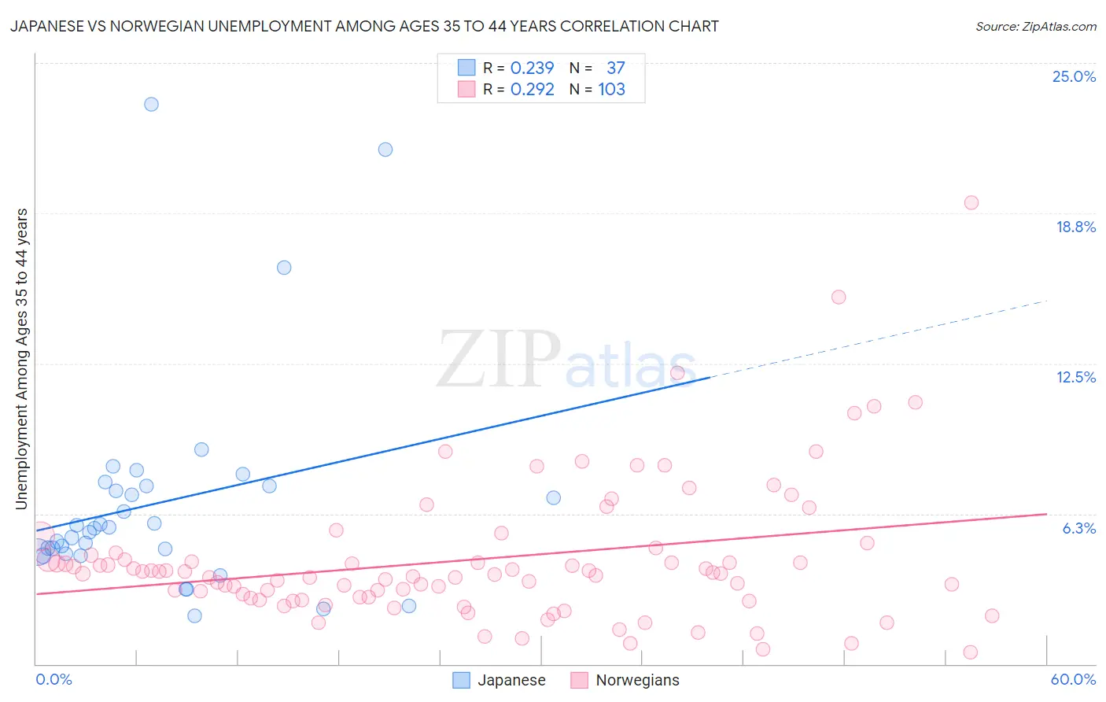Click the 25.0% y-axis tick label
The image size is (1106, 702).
coord(1074,76)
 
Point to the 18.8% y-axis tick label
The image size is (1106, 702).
coord(1075,227)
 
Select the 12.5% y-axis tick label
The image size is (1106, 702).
coord(1075,377)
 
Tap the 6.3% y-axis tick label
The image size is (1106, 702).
coord(1078,528)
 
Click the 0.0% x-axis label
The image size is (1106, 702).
coord(53,679)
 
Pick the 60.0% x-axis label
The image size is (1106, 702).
coord(1073,679)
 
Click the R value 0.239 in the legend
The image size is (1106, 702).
coord(532,68)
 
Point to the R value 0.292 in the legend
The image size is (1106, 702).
coord(532,89)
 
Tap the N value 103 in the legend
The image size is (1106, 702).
coord(611,89)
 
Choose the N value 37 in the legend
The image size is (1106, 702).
coord(615,68)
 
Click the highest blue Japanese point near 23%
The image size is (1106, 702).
coord(151,104)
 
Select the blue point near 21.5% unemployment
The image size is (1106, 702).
coord(385,150)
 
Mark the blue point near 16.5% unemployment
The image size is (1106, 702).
coord(284,268)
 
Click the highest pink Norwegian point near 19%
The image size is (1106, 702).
coord(971,203)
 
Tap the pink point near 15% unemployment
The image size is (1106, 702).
coord(839,297)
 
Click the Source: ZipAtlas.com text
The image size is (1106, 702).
coord(1035,27)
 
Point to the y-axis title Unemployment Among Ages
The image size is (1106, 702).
coord(22,359)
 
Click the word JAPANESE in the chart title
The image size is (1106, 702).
coord(46,27)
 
